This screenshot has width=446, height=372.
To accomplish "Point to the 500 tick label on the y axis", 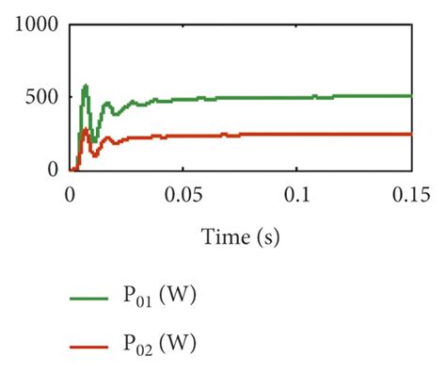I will (x=43, y=97).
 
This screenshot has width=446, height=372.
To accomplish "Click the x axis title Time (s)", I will (x=240, y=236).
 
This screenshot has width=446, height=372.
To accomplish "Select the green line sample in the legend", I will (x=92, y=298).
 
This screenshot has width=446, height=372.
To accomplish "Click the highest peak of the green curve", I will (x=86, y=86).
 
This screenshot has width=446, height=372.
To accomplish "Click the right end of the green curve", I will (x=410, y=96).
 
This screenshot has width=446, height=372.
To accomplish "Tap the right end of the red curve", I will (x=410, y=134).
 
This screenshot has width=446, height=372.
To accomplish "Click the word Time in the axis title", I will (x=224, y=236).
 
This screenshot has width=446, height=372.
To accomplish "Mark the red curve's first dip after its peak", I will (x=94, y=153).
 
